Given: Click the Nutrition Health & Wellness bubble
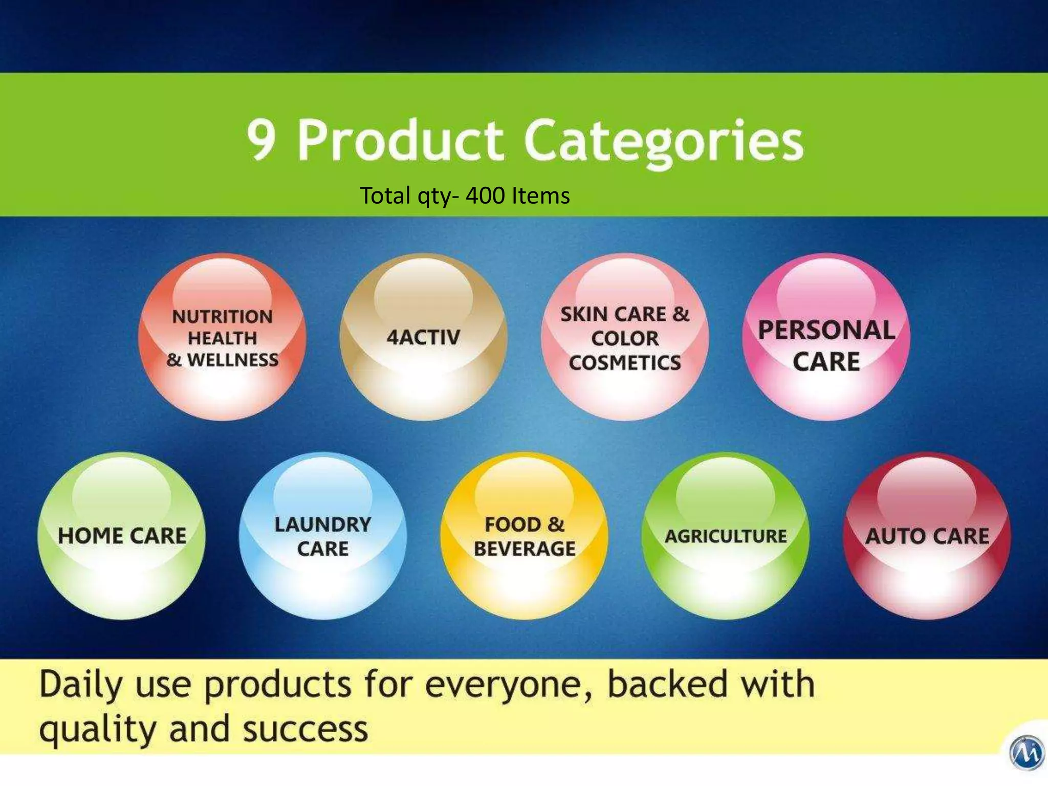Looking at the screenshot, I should coord(222,338).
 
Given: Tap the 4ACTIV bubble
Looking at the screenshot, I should coord(423,338).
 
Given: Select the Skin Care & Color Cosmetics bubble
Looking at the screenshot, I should coord(625,338).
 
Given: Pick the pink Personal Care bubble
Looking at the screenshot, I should coord(826,338).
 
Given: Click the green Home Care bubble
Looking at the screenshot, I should coord(122,536).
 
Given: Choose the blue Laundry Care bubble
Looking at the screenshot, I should coord(323,536).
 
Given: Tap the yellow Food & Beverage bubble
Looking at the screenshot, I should coord(524,536).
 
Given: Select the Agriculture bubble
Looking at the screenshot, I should coord(726,536).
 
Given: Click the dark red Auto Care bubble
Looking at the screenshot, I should coord(927,536).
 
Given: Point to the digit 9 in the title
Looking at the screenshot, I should coord(262,140).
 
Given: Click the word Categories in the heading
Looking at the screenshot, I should coord(664,141).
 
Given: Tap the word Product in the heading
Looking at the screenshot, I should coord(400,140).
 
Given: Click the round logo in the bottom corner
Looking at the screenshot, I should coord(1026,752).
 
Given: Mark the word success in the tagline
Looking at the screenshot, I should coord(305,730).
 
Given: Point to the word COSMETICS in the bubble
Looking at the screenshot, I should coord(625,363).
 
